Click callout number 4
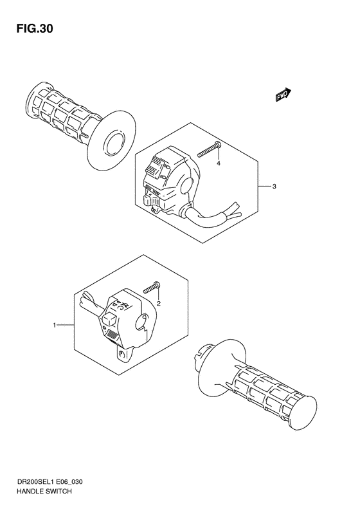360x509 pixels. pyautogui.click(x=219, y=164)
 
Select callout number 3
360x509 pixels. pyautogui.click(x=274, y=187)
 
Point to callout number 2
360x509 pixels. pyautogui.click(x=158, y=302)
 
